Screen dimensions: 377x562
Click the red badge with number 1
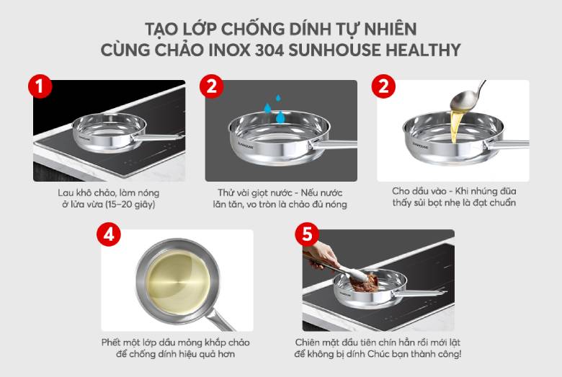pyautogui.click(x=40, y=87)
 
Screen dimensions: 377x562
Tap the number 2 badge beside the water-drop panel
pyautogui.click(x=211, y=87)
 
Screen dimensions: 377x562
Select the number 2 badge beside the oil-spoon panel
pyautogui.click(x=383, y=87)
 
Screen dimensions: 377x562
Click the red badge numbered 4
pyautogui.click(x=109, y=236)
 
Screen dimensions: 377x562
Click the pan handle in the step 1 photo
pyautogui.click(x=159, y=136)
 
